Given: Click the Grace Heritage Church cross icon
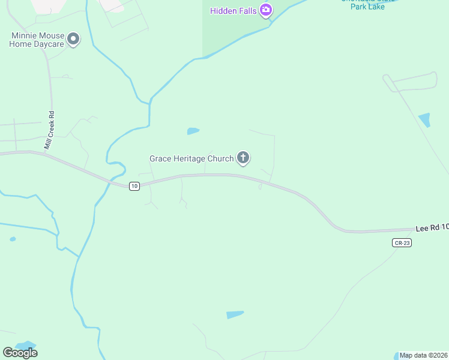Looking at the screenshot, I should [243, 158].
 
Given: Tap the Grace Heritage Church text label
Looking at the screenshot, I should [191, 159].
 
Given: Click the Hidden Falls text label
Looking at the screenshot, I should [234, 11].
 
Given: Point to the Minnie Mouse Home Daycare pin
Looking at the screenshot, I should [74, 40].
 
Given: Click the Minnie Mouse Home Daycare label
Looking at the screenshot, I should [37, 40].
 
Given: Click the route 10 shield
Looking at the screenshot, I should [134, 186].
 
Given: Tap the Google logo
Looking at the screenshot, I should [20, 352].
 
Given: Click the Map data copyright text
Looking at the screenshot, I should [424, 355].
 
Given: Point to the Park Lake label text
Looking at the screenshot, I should [367, 6].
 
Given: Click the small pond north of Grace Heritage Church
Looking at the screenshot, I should [193, 131].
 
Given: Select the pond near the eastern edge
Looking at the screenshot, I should [425, 120].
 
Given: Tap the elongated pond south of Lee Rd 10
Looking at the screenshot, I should [235, 314].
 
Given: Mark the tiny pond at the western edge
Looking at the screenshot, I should [13, 239].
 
